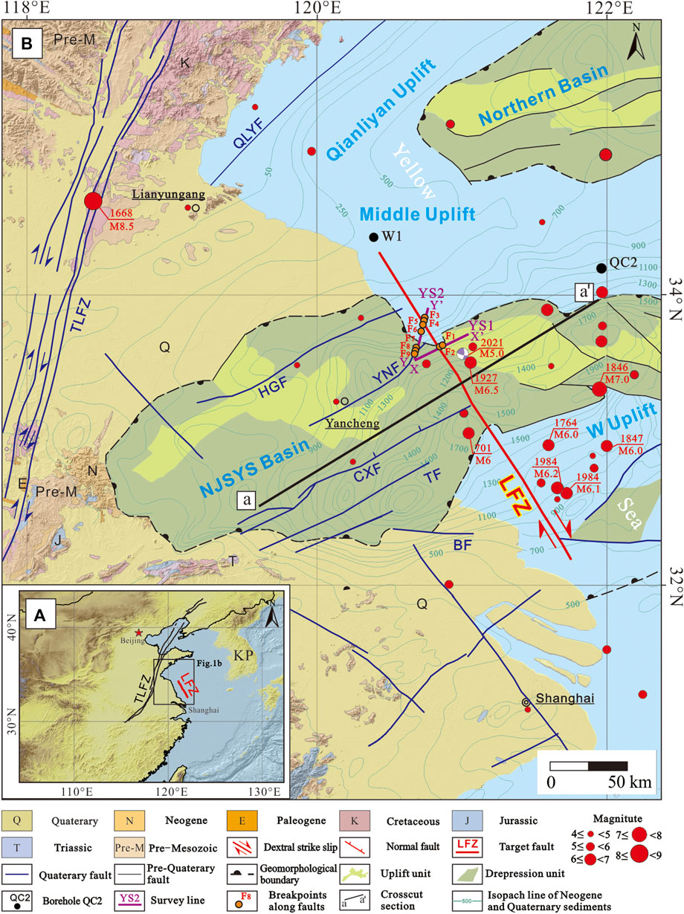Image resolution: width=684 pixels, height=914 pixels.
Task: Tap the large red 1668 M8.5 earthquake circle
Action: pos(93,201)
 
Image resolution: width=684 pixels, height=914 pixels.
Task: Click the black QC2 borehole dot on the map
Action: pos(601,268)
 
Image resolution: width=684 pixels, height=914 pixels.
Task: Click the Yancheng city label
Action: pos(353,424)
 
